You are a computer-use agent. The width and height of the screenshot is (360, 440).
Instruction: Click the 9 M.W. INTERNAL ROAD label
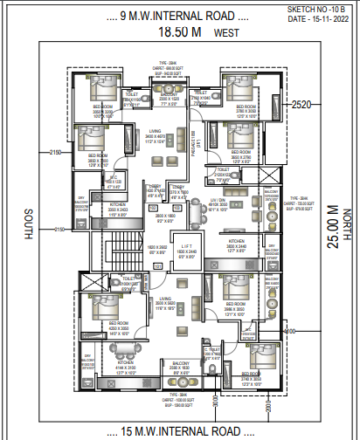coord(178,15)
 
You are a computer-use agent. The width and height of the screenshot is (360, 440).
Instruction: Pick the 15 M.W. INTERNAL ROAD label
coord(180,431)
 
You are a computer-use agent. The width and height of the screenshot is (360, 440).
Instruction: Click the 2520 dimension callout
coord(302,105)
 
